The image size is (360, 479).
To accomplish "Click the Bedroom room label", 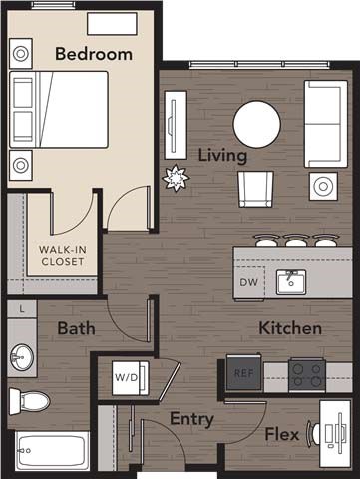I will tap(93, 54).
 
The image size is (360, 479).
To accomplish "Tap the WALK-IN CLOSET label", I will tap(62, 255).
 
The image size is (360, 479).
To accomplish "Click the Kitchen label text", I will tap(290, 328).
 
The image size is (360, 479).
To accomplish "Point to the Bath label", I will tap(76, 328).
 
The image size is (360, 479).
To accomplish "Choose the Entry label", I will tap(190, 419).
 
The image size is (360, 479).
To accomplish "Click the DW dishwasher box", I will tap(248, 282).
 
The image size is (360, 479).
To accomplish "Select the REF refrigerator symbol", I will tap(242, 373).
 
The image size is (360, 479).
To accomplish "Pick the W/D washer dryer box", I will tap(127, 377).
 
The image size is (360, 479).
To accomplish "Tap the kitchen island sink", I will tap(291, 281).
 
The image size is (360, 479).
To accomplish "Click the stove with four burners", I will tap(308, 373).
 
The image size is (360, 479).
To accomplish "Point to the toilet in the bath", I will tap(29, 401).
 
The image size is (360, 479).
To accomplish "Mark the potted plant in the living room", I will tap(176, 177).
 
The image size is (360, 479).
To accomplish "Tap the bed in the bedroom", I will tap(58, 109).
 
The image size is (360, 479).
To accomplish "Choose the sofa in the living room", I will tap(325, 123).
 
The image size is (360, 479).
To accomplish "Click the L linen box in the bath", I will tap(22, 310).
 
